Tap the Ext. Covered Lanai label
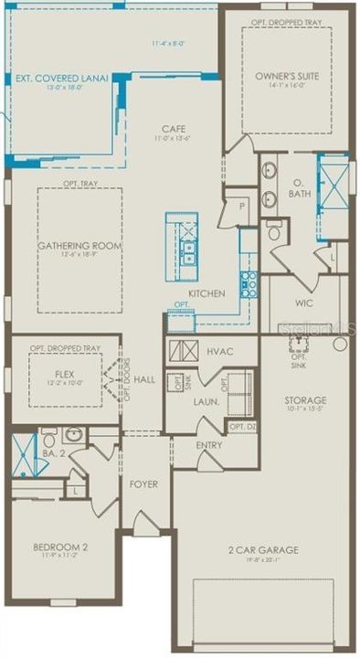(62, 79)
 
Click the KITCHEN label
(206, 293)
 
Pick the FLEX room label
(63, 374)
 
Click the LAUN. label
(203, 400)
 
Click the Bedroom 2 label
(60, 547)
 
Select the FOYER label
(143, 483)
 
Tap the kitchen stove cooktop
(248, 284)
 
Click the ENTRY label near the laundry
(209, 445)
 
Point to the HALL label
(144, 378)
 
